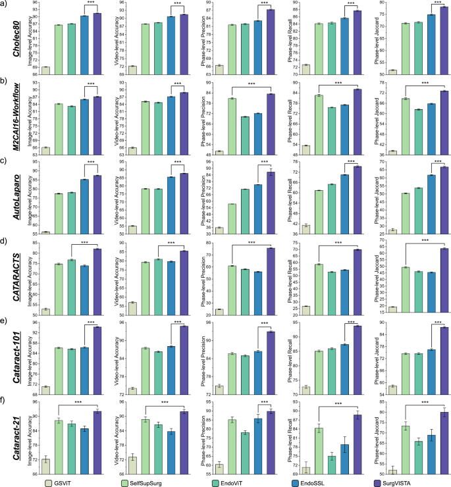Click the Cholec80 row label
tap(14, 39)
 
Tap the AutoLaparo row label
tap(14, 197)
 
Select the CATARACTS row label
tap(14, 276)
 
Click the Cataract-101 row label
tap(14, 355)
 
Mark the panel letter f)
tap(5, 400)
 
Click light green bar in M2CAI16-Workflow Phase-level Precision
tap(232, 126)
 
